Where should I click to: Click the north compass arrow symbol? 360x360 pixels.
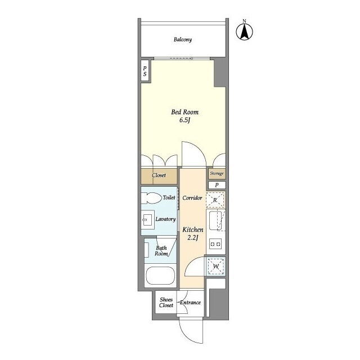pos(245,31)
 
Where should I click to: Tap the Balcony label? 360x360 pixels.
pos(183,39)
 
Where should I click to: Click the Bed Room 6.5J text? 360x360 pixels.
pos(185,116)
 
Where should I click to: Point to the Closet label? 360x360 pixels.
pos(159,175)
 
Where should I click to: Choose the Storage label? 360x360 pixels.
pos(217,174)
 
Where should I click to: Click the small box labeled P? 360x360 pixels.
pos(217,185)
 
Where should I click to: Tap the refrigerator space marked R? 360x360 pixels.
pos(215,200)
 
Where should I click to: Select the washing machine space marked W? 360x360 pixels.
pos(216,267)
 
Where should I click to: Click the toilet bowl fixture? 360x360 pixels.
pos(151,198)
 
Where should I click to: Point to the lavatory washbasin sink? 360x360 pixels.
pos(147,220)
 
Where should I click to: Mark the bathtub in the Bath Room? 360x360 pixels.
pos(160,276)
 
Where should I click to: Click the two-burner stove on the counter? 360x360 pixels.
pos(215,244)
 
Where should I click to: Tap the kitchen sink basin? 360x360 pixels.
pos(215,220)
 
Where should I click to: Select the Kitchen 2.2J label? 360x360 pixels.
pos(193,233)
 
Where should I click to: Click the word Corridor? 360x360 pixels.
pos(192,197)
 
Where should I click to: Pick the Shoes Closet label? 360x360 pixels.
pos(166,303)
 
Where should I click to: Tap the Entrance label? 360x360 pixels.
pos(190,303)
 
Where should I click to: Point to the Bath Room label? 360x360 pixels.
pos(161,251)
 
